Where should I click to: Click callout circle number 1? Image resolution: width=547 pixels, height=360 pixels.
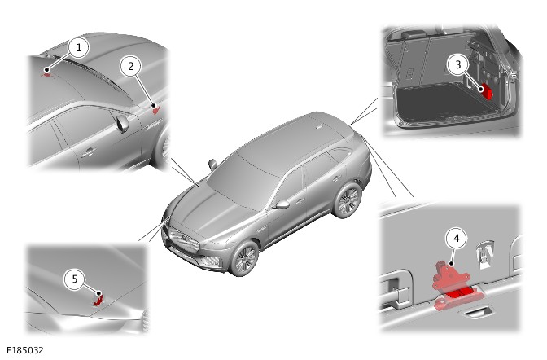click(x=78, y=47)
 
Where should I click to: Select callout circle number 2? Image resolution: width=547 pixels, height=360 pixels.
click(x=131, y=66)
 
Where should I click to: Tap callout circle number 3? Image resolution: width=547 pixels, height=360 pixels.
click(x=458, y=64)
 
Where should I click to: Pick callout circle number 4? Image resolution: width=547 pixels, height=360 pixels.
click(x=457, y=238)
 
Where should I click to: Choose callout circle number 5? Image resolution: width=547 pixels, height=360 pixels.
click(x=74, y=279)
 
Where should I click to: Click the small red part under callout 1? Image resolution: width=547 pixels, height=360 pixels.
click(x=46, y=74)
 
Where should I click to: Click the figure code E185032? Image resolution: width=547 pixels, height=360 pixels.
click(x=25, y=350)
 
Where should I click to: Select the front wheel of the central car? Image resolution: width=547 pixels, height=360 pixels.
click(x=244, y=258)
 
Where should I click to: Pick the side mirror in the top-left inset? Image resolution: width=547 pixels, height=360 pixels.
click(x=122, y=124)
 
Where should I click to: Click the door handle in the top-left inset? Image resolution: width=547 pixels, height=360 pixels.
click(x=89, y=151)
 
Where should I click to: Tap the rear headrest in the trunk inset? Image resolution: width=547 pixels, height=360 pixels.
click(x=413, y=34)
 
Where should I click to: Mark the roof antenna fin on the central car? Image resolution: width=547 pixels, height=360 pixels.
click(x=318, y=127)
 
